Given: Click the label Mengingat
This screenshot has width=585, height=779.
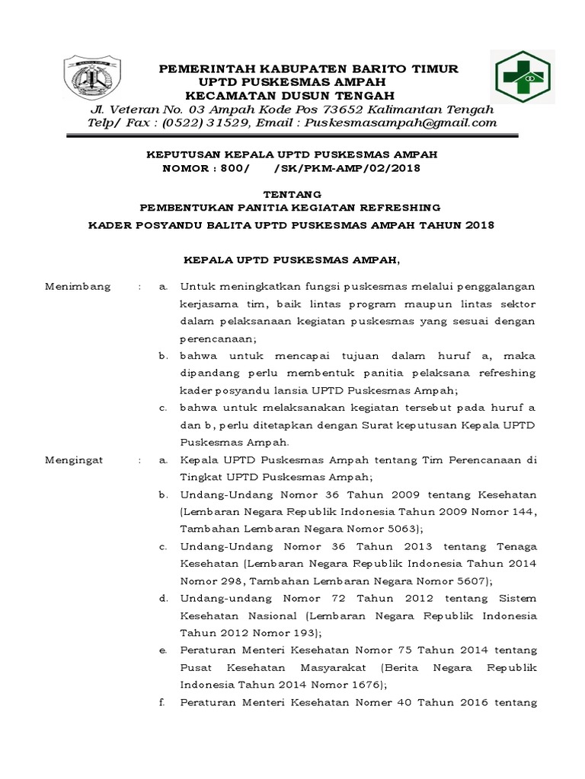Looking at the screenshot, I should pos(77,460).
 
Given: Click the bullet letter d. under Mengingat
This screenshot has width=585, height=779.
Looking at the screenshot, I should pos(164,598).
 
